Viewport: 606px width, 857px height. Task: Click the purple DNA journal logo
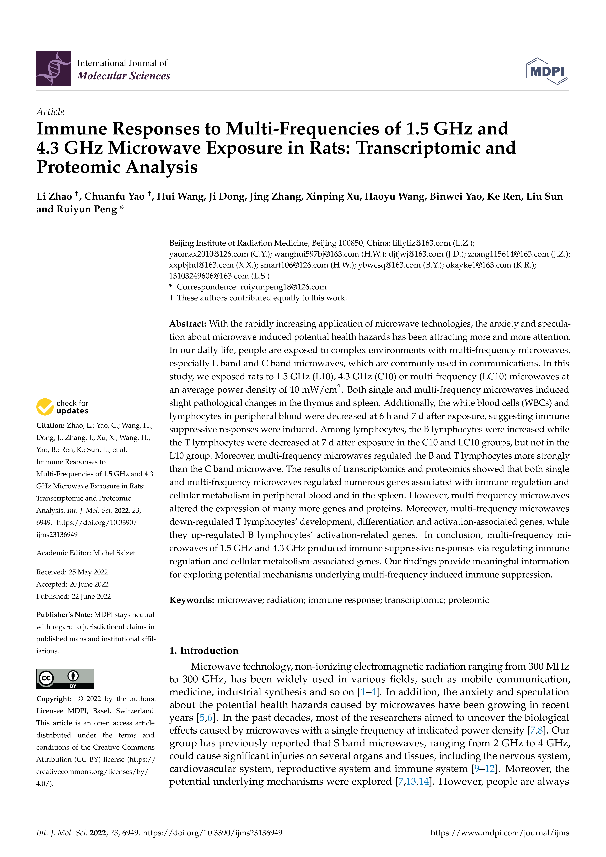click(53, 69)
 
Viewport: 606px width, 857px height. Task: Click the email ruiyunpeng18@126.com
click(283, 287)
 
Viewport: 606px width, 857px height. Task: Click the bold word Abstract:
click(188, 324)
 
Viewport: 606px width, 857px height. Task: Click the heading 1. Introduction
click(204, 651)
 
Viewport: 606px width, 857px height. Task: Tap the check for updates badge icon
click(45, 407)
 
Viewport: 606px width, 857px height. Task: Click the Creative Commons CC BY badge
click(65, 679)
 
